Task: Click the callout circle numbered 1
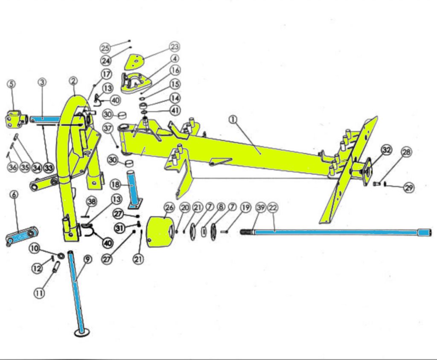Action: pos(233,120)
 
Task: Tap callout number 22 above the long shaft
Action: pos(273,208)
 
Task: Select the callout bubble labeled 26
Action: pos(169,208)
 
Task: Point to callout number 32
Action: pos(387,150)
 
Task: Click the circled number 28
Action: pos(406,152)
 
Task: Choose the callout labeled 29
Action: pos(409,187)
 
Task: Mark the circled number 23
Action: pos(175,46)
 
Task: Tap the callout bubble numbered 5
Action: pos(12,84)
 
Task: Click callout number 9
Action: pos(87,259)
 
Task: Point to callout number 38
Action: pos(90,201)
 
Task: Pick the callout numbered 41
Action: pos(175,110)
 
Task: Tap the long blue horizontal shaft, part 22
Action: pos(333,232)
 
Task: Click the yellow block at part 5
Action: pos(15,118)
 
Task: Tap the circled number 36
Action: pos(12,167)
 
